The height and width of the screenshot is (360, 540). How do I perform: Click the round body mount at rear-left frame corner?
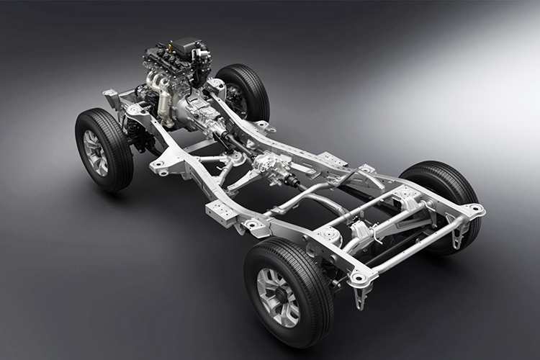point(359,278)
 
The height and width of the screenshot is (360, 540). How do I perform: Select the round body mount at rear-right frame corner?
point(474,210)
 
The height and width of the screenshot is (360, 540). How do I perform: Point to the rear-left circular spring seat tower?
point(328,234)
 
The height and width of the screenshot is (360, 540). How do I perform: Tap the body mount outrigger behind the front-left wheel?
point(161,167)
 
